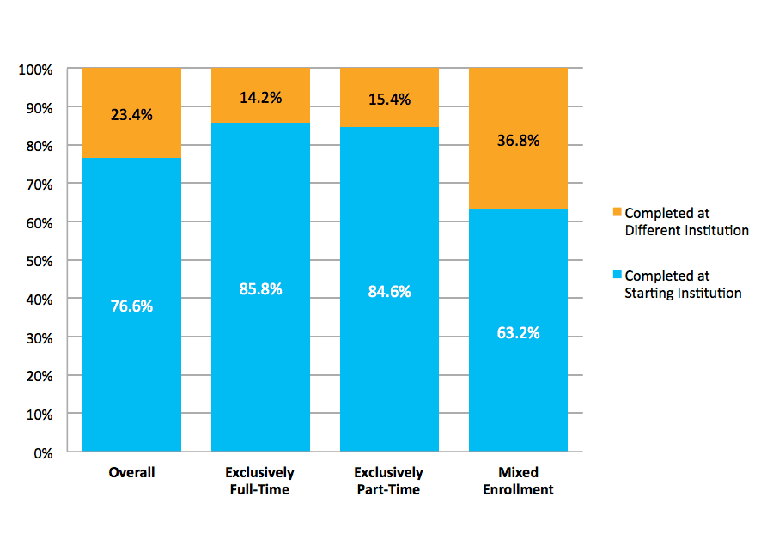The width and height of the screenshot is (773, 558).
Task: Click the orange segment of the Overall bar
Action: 131,94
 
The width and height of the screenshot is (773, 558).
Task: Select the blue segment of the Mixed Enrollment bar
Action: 518,378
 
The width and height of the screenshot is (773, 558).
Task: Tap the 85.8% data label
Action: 260,289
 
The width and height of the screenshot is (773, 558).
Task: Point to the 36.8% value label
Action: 518,141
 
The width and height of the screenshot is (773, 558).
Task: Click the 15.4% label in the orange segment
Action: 389,99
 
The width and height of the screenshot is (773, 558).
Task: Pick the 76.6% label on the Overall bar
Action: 131,306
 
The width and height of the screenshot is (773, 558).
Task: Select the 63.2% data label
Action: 518,332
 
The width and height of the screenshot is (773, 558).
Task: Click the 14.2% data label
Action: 260,97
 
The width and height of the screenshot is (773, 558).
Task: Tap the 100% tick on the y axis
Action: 36,70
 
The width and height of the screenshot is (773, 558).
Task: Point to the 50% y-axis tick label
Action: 39,261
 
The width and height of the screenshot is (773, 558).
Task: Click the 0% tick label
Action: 42,452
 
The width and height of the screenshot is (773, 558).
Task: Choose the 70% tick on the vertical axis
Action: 39,185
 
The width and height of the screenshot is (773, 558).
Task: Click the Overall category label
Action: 131,473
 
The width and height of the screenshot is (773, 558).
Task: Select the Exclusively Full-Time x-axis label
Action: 259,481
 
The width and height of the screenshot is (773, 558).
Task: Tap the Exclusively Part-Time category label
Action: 388,481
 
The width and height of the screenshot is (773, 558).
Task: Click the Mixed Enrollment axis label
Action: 518,481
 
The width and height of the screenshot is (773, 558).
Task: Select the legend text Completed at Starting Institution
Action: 683,284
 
